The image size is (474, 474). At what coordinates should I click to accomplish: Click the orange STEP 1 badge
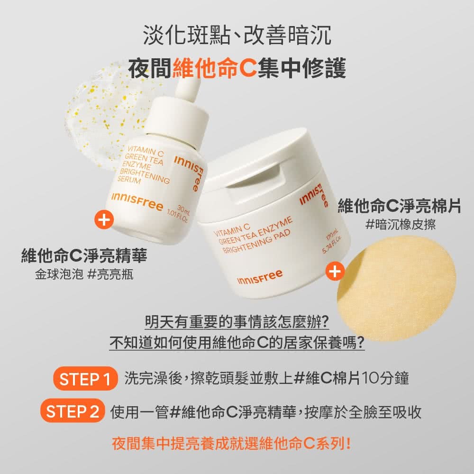click(85, 378)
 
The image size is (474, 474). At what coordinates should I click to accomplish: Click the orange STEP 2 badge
click(73, 411)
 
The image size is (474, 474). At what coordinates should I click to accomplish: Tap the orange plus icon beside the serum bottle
click(104, 219)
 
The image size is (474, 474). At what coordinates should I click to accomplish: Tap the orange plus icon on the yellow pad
click(335, 271)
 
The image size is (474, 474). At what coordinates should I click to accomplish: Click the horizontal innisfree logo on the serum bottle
click(137, 201)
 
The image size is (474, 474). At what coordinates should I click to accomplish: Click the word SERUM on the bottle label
click(129, 179)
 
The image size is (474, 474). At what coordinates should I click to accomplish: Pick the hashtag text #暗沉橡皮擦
click(401, 224)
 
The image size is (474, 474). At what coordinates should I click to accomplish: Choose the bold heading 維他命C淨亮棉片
click(399, 206)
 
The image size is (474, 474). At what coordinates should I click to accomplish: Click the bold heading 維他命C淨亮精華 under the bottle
click(84, 255)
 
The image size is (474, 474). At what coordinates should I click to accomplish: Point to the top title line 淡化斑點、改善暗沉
click(237, 35)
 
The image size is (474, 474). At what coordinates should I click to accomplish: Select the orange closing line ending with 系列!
click(232, 444)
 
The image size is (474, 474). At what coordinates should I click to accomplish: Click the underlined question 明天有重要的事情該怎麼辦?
click(237, 322)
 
